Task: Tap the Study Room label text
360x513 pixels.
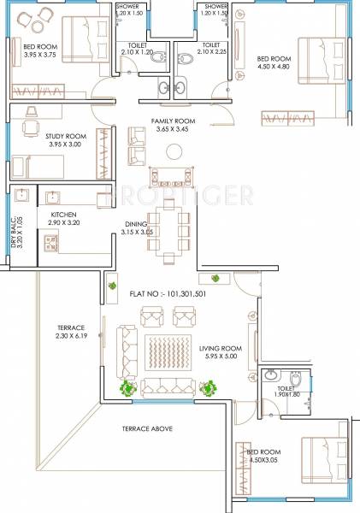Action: point(43,134)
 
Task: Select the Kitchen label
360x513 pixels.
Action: point(63,215)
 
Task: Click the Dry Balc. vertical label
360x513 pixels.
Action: point(15,227)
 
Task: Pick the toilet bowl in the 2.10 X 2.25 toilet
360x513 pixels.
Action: point(188,58)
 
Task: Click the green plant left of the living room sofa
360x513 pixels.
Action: point(129,389)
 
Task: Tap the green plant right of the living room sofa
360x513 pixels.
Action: point(208,389)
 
